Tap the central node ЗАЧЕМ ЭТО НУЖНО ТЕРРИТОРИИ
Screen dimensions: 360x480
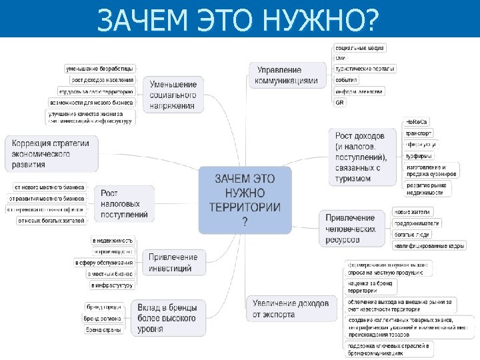click(x=245, y=200)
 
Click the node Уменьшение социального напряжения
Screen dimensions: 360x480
click(x=173, y=95)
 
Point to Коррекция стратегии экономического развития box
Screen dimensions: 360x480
click(x=51, y=153)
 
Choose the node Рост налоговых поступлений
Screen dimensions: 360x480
click(x=125, y=204)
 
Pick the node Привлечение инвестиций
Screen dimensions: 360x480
click(x=173, y=263)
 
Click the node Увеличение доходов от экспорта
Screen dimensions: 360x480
click(x=291, y=309)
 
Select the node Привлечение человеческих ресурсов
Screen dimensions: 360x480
click(x=351, y=229)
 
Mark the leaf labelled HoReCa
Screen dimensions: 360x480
click(x=417, y=122)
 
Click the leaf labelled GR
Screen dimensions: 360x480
click(x=340, y=103)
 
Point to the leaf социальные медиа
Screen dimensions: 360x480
click(x=360, y=48)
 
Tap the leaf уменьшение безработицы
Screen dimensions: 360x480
click(x=99, y=69)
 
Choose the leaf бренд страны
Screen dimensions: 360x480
click(x=103, y=330)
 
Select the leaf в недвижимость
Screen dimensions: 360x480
click(x=113, y=240)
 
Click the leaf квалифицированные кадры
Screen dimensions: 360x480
click(x=429, y=246)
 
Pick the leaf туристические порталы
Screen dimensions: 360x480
click(x=365, y=69)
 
